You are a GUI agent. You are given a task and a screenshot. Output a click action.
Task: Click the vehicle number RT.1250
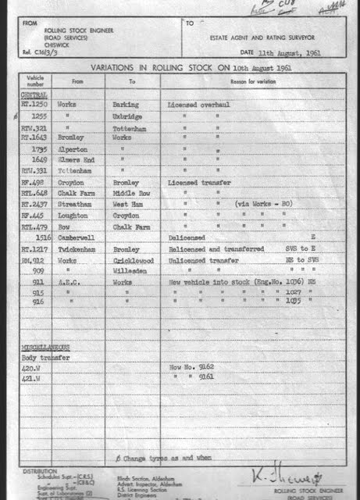tap(33, 104)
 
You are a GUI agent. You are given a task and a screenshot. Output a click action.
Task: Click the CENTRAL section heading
tap(33, 94)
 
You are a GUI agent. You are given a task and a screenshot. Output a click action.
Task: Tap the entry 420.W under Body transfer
tap(32, 366)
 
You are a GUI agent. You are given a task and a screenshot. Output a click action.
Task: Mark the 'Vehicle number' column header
tap(34, 80)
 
